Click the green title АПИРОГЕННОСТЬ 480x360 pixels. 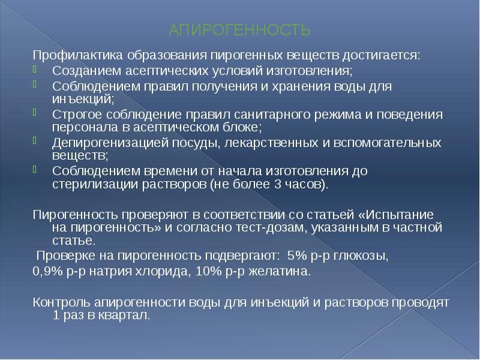[239, 30]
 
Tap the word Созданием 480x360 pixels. [79, 71]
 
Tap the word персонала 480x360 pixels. [80, 127]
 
